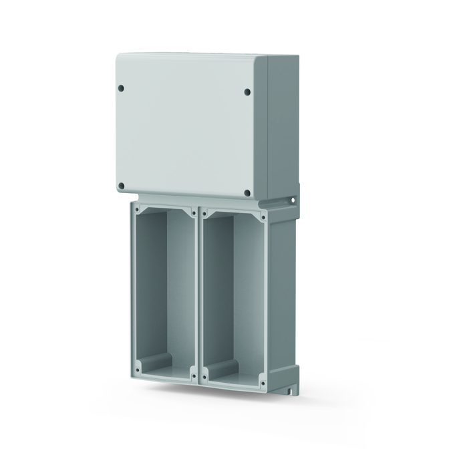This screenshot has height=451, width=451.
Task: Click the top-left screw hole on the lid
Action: point(121,88)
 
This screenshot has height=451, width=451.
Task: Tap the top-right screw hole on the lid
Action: point(247,92)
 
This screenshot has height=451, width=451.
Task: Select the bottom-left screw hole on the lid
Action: point(121,186)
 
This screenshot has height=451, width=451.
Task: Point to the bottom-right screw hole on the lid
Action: point(247,193)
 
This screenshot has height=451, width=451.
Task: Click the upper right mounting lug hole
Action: point(291,199)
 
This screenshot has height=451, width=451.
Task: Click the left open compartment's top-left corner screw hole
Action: point(137,209)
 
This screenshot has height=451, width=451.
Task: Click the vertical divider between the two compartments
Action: point(198,294)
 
